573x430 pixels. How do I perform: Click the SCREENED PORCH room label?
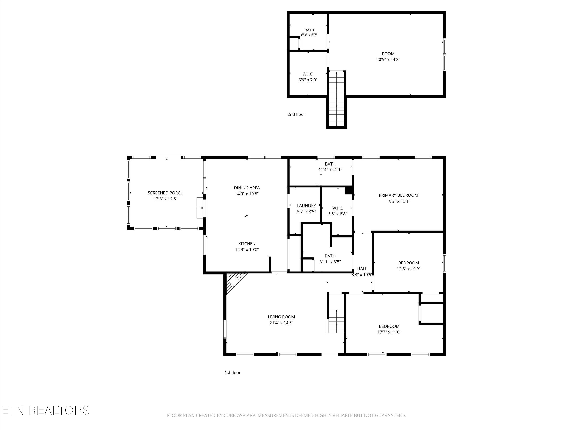coord(166,193)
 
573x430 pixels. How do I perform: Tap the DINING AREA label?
coord(247,188)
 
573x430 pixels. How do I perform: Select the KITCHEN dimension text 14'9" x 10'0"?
coord(247,250)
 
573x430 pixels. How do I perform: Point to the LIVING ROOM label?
coord(281,317)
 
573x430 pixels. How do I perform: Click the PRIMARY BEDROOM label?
coord(398,195)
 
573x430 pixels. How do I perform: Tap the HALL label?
coord(362,269)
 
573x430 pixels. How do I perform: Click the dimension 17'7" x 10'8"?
coord(389,332)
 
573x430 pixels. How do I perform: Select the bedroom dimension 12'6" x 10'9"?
coord(409,269)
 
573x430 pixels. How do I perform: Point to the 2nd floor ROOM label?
coord(388,54)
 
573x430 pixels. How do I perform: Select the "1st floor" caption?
coord(232,373)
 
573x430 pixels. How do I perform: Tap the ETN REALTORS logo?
coord(46,410)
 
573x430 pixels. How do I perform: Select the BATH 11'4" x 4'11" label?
coord(330,167)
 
